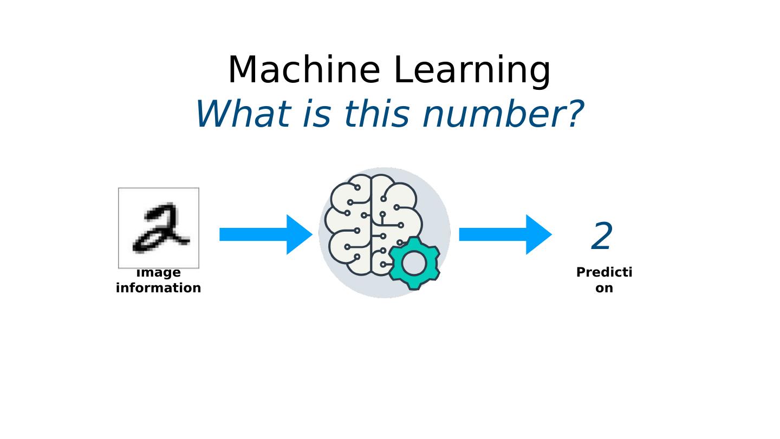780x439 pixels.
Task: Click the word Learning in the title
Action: pos(471,71)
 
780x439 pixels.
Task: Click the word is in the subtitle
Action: pos(317,114)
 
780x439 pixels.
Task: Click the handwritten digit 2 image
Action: pos(159,228)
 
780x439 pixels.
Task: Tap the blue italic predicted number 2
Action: pos(602,237)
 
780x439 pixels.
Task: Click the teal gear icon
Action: pos(414,263)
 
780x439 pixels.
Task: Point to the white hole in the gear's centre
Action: pos(414,263)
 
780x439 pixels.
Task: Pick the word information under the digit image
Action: pos(159,288)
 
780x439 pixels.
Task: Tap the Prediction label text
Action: pos(604,280)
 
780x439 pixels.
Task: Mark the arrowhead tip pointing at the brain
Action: pos(311,234)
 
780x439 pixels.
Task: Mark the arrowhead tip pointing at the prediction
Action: pos(551,234)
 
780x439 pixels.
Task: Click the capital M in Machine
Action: pos(243,70)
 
